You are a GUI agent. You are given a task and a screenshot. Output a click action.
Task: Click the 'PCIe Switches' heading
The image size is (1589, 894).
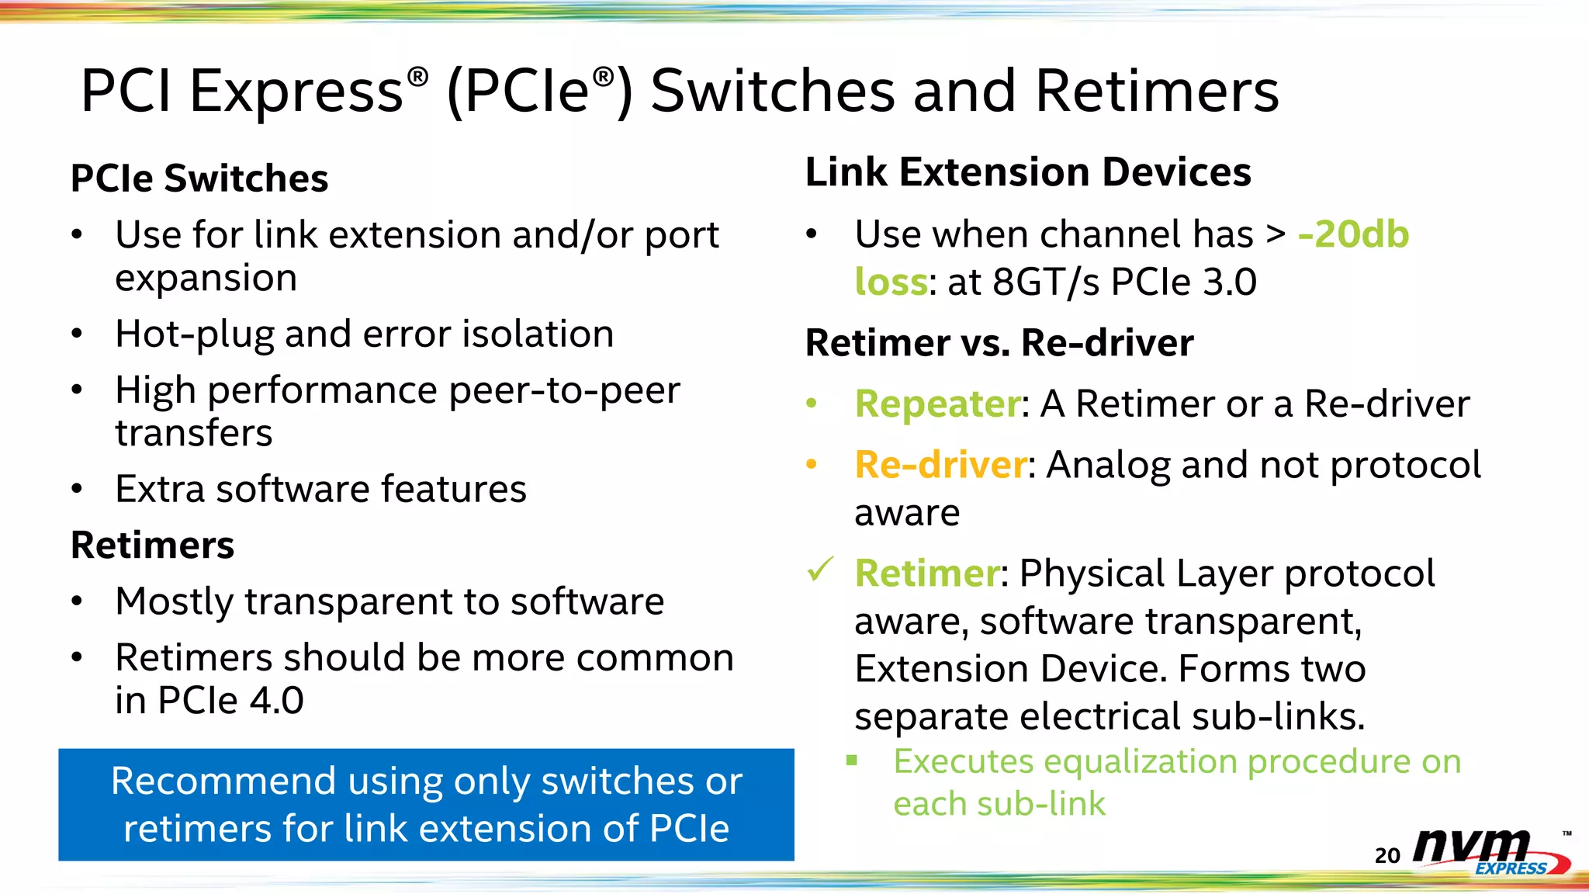(199, 178)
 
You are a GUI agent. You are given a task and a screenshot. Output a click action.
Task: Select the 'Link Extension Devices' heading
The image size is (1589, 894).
(1028, 172)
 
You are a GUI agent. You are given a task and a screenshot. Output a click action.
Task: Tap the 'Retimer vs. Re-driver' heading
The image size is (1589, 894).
(999, 343)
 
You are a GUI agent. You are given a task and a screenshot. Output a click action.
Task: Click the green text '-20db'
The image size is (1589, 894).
(1353, 234)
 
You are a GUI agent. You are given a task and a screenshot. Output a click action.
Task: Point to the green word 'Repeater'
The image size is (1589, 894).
(937, 404)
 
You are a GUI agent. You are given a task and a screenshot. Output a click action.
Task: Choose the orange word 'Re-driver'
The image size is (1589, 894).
(940, 466)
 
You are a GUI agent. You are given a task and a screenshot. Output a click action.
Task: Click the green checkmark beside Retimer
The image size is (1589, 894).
(819, 570)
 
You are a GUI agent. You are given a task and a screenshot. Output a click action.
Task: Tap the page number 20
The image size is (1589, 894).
(1387, 855)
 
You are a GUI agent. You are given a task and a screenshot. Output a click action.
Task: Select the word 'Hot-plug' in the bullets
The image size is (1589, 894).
(194, 334)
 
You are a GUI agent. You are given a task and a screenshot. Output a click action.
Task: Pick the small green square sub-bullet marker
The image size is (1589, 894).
(852, 761)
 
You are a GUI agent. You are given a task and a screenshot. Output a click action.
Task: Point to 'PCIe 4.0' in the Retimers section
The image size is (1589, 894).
(230, 701)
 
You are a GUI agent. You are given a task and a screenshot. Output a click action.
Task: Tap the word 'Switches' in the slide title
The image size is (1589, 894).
(772, 92)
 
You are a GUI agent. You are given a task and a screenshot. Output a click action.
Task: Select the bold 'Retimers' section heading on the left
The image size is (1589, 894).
(152, 545)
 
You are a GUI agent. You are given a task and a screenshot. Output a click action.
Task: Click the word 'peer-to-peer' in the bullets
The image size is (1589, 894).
(564, 390)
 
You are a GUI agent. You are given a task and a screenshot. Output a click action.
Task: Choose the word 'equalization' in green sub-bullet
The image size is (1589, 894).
(1141, 762)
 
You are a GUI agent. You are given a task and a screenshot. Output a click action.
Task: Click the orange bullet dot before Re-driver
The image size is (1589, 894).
(812, 465)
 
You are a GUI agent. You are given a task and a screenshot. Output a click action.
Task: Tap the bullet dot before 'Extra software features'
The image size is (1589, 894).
(76, 489)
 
